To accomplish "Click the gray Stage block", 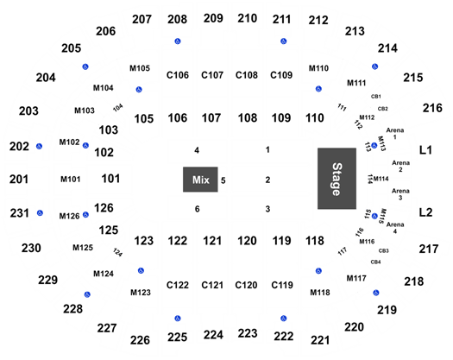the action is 337,179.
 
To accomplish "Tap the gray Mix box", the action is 200,180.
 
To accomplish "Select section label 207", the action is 142,19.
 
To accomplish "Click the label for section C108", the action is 247,75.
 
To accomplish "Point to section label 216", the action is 432,108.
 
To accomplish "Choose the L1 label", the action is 425,150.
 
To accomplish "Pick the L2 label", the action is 425,212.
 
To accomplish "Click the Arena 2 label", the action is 400,166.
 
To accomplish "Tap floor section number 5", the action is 223,180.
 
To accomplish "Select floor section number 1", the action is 267,149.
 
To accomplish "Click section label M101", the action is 70,180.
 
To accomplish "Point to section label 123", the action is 144,241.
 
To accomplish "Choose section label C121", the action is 212,285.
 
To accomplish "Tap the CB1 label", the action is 376,97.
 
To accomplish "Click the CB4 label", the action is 375,262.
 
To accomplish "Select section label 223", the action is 248,333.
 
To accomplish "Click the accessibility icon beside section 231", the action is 40,213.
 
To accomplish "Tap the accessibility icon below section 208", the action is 178,41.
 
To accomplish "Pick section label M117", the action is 356,278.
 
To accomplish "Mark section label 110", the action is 315,118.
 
